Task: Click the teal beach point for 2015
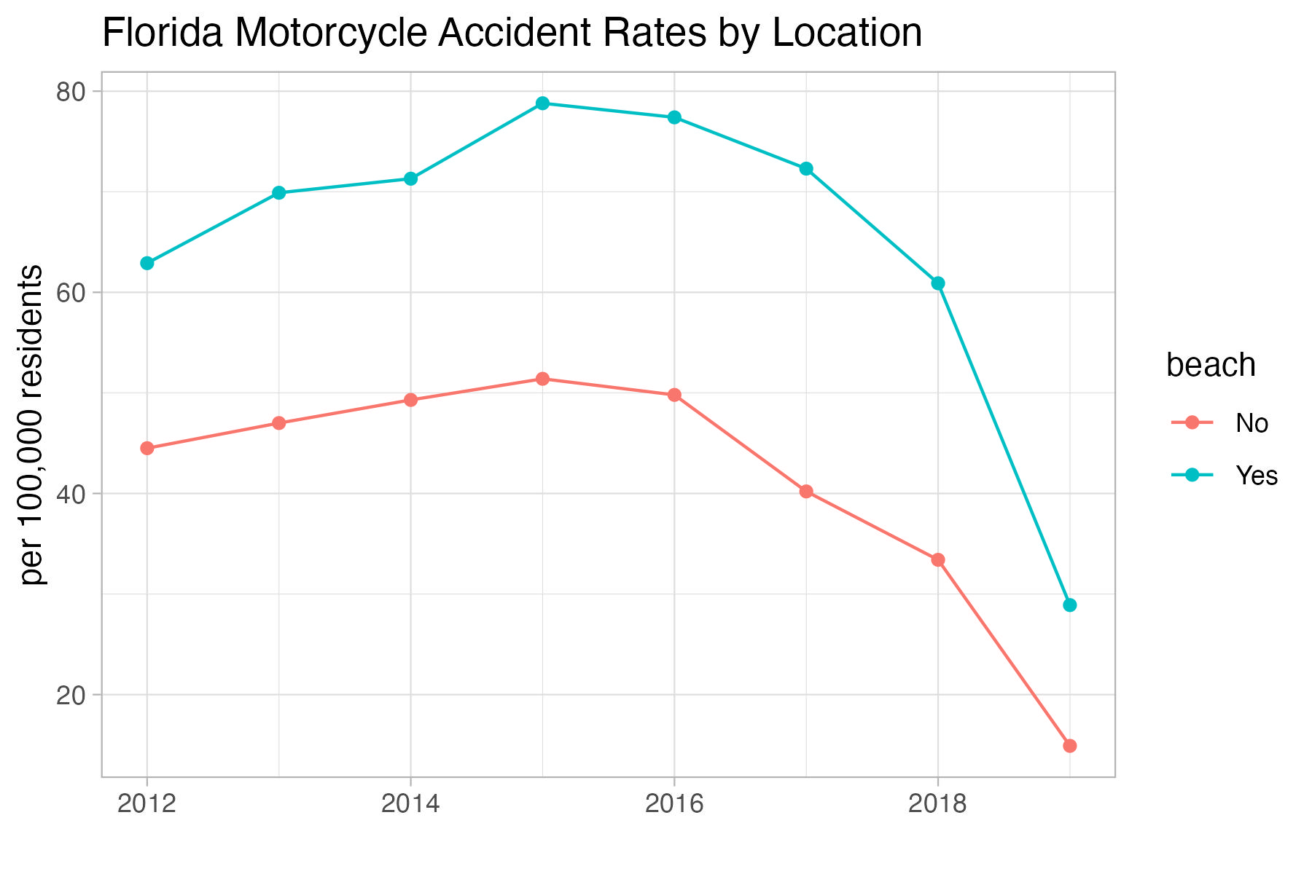542,103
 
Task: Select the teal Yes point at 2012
147,263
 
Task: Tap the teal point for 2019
1069,605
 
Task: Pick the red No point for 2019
1069,746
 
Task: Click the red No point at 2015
542,379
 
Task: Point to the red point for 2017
806,492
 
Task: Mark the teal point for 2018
938,283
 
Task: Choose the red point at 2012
147,448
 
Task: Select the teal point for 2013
279,193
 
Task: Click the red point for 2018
938,559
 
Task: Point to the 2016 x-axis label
674,804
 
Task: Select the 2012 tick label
147,804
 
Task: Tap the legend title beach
1211,366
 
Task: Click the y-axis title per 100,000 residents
32,425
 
